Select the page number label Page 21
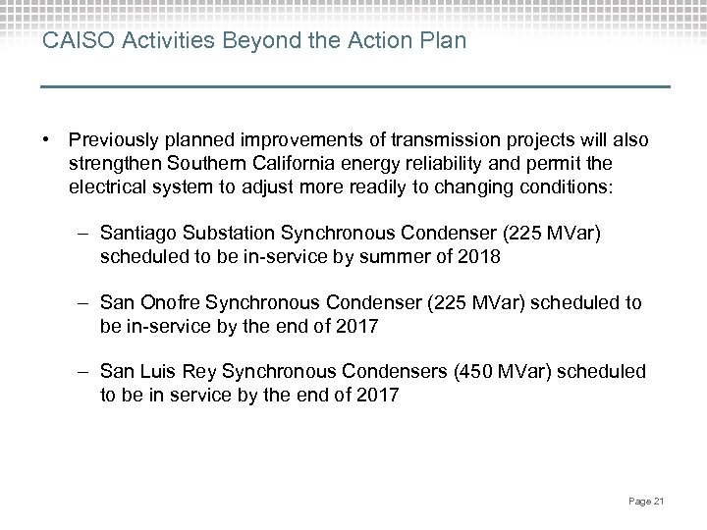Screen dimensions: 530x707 tap(646, 503)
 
